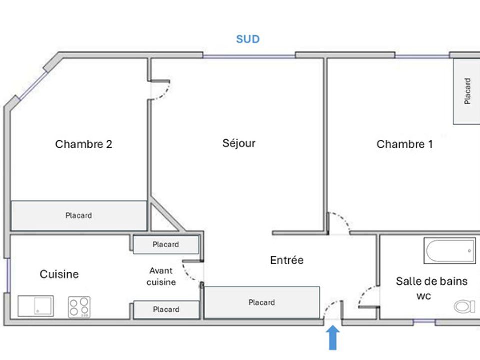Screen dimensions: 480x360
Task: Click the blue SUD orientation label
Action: pyautogui.click(x=248, y=39)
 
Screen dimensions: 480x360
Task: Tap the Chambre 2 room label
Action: pyautogui.click(x=84, y=144)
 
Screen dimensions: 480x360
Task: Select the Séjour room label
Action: pyautogui.click(x=239, y=143)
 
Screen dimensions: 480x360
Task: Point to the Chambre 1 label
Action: pyautogui.click(x=404, y=144)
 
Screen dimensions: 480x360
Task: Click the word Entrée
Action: pyautogui.click(x=287, y=260)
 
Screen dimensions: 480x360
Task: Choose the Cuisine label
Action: pyautogui.click(x=59, y=274)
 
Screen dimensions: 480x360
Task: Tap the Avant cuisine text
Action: pyautogui.click(x=161, y=276)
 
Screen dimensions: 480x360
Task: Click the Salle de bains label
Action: pyautogui.click(x=432, y=281)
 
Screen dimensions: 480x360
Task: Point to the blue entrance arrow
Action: pyautogui.click(x=333, y=337)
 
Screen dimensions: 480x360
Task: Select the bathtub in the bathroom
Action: pyautogui.click(x=450, y=251)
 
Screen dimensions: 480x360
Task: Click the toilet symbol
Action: pyautogui.click(x=464, y=306)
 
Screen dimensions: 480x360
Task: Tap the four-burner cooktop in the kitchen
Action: pyautogui.click(x=79, y=307)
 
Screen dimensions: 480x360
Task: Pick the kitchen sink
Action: pyautogui.click(x=36, y=306)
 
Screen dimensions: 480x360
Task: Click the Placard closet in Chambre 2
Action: pyautogui.click(x=79, y=216)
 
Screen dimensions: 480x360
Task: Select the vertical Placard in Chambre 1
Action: pyautogui.click(x=466, y=91)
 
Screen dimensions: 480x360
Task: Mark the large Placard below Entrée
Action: pyautogui.click(x=262, y=303)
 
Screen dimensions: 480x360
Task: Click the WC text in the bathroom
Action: pyautogui.click(x=424, y=296)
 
